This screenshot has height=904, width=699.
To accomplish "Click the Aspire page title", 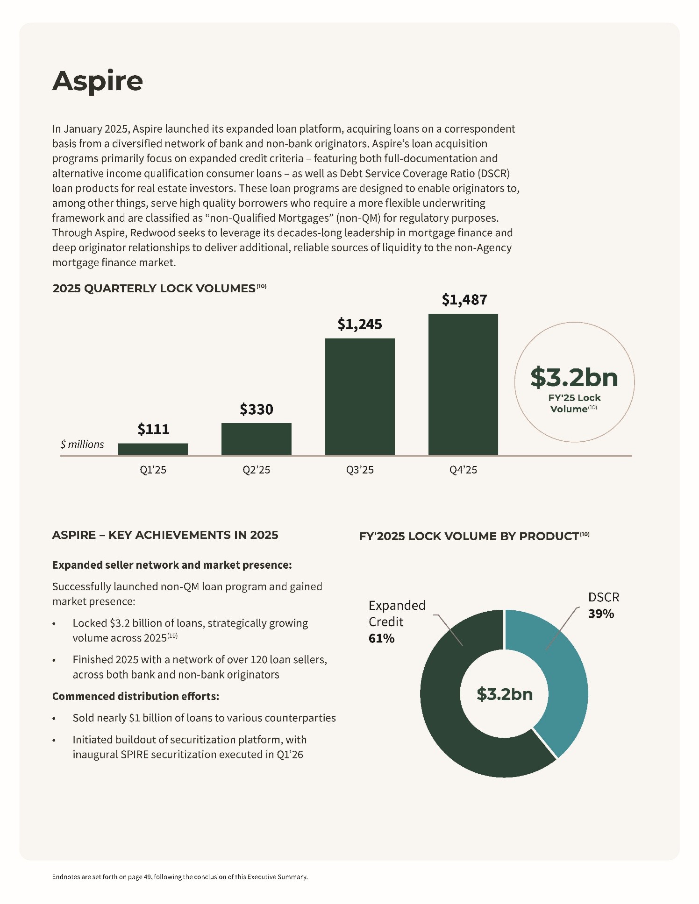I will (97, 81).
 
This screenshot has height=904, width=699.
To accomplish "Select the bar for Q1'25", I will (153, 449).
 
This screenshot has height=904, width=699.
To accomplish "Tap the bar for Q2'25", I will (256, 439).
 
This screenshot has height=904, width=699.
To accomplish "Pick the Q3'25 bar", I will (360, 396).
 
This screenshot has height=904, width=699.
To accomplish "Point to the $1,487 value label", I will (464, 300).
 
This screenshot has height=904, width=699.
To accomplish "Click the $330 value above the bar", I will (256, 410).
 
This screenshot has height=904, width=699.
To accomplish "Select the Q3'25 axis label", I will (360, 470).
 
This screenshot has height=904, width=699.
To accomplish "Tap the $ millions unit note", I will (82, 445).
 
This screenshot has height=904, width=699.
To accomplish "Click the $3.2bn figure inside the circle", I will (574, 377).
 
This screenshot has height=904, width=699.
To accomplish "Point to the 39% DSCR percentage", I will (601, 614).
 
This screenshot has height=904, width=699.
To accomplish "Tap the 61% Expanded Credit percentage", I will (381, 638).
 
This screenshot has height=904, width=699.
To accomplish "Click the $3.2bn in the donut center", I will (505, 694).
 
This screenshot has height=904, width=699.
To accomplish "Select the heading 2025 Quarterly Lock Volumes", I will (154, 289).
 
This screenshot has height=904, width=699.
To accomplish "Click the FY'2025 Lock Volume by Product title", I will (469, 536).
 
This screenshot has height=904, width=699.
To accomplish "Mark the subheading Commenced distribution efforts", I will (136, 696).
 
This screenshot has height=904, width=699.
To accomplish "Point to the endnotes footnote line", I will (180, 877).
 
